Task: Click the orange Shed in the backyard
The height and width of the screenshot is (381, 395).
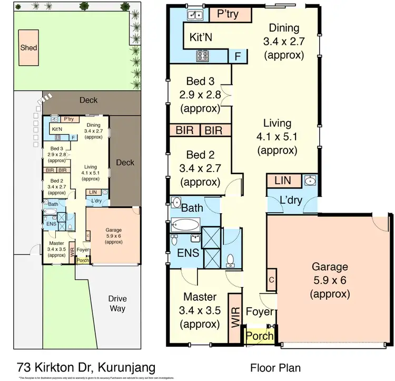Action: pos(28,47)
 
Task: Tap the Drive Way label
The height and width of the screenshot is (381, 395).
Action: pos(117,303)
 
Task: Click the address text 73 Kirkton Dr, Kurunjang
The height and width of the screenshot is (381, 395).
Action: pos(86,367)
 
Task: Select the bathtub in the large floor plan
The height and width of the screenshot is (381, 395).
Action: pos(185,224)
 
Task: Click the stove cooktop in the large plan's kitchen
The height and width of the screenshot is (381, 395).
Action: pos(204,55)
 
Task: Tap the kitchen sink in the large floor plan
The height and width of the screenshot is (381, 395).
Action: pos(193,15)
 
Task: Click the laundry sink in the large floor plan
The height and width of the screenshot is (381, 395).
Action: pos(310,182)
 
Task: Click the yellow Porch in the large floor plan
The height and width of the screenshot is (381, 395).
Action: pos(260,336)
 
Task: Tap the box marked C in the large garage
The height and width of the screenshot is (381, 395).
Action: pos(272,279)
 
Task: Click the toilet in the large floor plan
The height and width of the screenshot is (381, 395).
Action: pos(230,258)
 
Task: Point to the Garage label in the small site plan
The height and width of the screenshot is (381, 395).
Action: pos(113,230)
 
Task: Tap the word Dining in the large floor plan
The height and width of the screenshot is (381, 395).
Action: pos(284,28)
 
